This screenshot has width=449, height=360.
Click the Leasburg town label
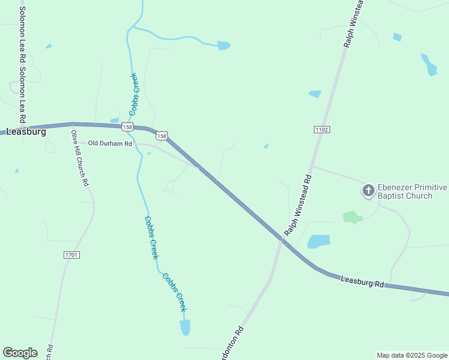pos(26,131)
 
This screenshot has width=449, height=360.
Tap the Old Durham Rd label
pos(110,143)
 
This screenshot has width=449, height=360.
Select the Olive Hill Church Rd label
pos(80,158)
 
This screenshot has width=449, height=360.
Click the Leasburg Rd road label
pos(362,281)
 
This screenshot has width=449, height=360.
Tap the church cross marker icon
pos(367,191)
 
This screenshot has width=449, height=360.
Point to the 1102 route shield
pos(322,130)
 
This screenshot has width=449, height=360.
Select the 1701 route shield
pos(71,255)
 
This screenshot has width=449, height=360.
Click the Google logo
pos(20,353)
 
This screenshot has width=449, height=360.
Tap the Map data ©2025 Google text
pos(411,355)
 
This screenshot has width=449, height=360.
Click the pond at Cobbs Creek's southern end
pos(185,327)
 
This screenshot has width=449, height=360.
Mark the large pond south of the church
pos(318,241)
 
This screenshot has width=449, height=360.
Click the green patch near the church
pos(352,217)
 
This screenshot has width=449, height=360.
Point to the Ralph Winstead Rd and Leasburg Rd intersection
pos(281,238)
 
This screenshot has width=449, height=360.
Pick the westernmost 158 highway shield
pos(127,127)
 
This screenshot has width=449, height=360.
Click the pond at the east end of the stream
pos(223,45)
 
